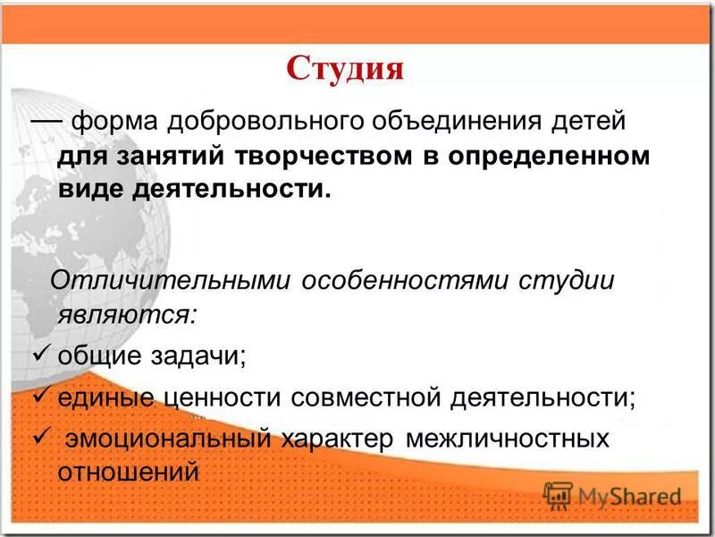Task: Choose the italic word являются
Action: [126, 314]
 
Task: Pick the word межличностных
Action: [508, 439]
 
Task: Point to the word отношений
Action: [128, 472]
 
